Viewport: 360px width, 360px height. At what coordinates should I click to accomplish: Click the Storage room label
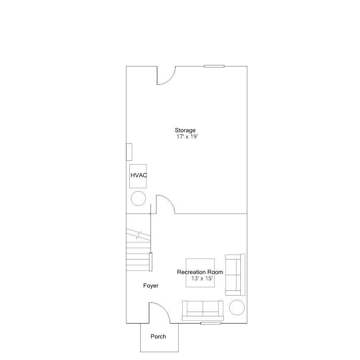(x=185, y=131)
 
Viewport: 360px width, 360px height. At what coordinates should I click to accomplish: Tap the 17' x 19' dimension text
(x=187, y=137)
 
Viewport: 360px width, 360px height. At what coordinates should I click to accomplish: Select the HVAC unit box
(x=138, y=176)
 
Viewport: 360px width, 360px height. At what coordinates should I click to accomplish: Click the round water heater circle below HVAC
(x=138, y=198)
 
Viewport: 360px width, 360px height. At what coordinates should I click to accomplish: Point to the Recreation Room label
(x=200, y=272)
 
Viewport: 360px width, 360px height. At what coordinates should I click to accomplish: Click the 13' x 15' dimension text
(x=202, y=279)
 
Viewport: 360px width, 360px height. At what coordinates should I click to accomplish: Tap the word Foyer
(x=151, y=286)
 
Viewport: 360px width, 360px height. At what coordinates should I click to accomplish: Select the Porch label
(x=158, y=336)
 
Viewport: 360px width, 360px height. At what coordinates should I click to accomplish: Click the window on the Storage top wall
(x=214, y=66)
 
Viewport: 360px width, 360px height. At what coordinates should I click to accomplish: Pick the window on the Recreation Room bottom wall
(x=211, y=323)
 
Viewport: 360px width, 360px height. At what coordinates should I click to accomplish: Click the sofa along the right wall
(x=235, y=275)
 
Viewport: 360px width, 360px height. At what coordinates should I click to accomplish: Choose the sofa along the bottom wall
(x=203, y=311)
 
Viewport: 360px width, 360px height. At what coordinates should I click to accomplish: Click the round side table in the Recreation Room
(x=237, y=307)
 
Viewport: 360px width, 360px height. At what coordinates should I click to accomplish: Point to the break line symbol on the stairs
(x=138, y=235)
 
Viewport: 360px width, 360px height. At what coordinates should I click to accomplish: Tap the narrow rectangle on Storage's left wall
(x=129, y=152)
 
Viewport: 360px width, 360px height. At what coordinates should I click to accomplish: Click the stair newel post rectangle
(x=151, y=262)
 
